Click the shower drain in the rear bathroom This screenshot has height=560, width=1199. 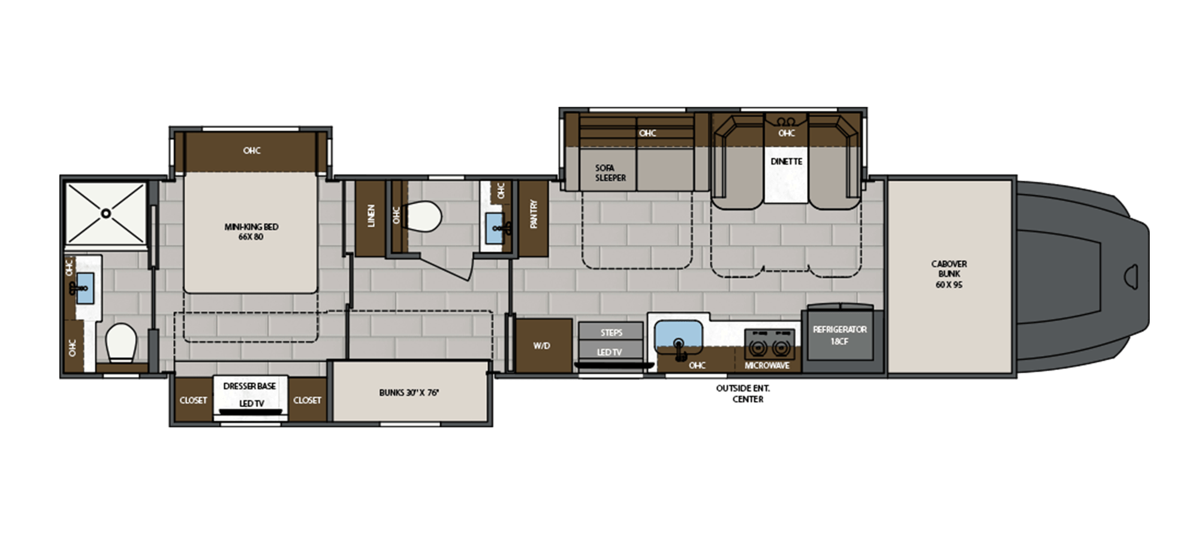coord(106,213)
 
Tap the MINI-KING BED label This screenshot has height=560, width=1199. coord(251,231)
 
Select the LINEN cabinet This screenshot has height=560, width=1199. coord(370,217)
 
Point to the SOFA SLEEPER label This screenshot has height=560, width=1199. coord(610,173)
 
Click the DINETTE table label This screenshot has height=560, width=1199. coord(787,161)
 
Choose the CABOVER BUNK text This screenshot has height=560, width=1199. coord(948,274)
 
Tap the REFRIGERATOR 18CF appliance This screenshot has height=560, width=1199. coord(839,336)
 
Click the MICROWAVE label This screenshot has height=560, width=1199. coord(767,365)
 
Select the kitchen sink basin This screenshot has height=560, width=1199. coord(678,335)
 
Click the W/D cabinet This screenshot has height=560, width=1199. coord(542,346)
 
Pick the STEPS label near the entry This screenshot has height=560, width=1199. coord(611,332)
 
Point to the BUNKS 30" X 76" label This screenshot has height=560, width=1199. coord(409,393)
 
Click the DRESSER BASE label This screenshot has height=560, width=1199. coord(249,386)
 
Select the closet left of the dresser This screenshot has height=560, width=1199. coord(193,400)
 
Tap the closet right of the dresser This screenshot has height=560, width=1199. coord(307,400)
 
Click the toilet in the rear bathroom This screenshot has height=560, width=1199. coord(121,343)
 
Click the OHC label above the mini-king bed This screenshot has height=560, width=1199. coord(252,150)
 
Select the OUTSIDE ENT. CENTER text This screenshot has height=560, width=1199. coord(743,394)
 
